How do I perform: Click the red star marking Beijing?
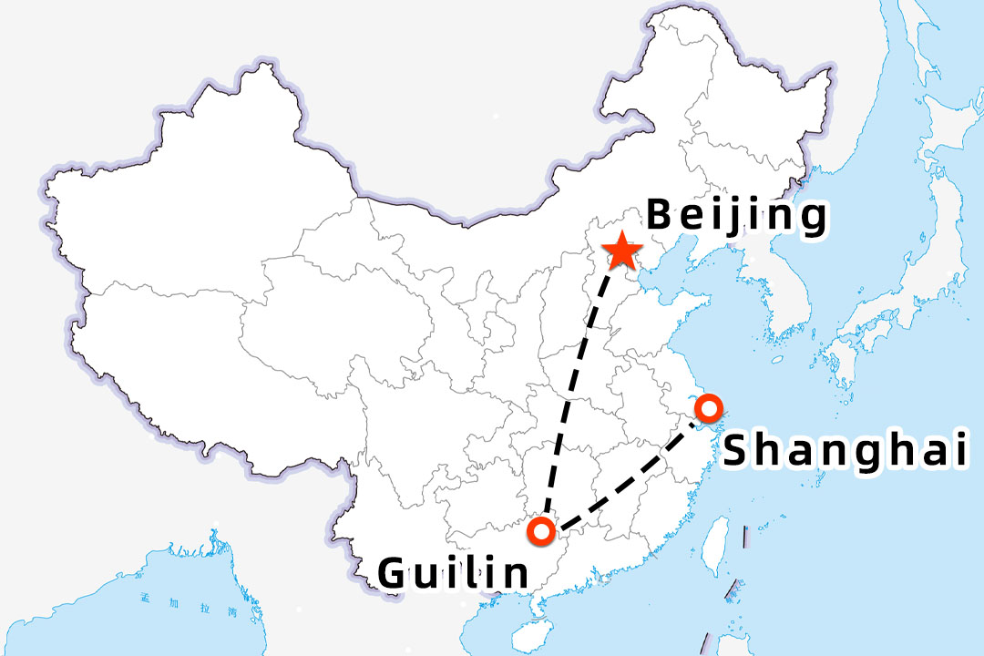point(622,251)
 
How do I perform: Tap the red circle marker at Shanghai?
point(707,407)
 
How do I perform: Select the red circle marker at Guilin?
point(543,530)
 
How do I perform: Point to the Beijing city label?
point(736,217)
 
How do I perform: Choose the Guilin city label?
point(453,573)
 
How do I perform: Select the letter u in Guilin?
point(426,575)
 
